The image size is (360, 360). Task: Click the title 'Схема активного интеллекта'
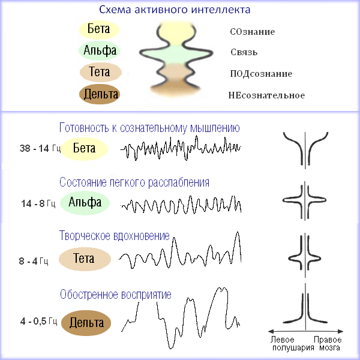[x=175, y=10]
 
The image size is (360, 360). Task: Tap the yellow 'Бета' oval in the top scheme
[x=99, y=29]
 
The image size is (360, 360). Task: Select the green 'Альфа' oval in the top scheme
[x=100, y=50]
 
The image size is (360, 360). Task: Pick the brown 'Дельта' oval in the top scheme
[x=100, y=94]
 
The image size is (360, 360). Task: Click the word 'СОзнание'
[x=253, y=32]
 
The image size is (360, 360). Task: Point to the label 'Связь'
[x=244, y=52]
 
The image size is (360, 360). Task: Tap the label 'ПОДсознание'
[x=261, y=74]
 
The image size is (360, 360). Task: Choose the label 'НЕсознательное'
[x=266, y=95]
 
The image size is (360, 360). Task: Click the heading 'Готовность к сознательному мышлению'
[x=149, y=128]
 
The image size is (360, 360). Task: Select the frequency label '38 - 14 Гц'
[x=40, y=148]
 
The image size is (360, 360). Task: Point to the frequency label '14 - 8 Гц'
[x=38, y=203]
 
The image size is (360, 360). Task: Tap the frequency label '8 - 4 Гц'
[x=34, y=261]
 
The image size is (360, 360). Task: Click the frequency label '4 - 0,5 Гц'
[x=38, y=321]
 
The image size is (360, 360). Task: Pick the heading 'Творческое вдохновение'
[x=115, y=236]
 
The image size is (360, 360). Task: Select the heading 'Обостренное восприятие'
[x=115, y=295]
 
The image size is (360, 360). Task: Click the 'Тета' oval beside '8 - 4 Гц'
[x=85, y=259]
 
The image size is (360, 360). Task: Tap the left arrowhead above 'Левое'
[x=271, y=331]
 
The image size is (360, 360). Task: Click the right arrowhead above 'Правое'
[x=340, y=331]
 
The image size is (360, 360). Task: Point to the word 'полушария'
[x=293, y=348]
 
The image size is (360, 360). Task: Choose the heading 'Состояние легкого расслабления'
[x=134, y=182]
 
